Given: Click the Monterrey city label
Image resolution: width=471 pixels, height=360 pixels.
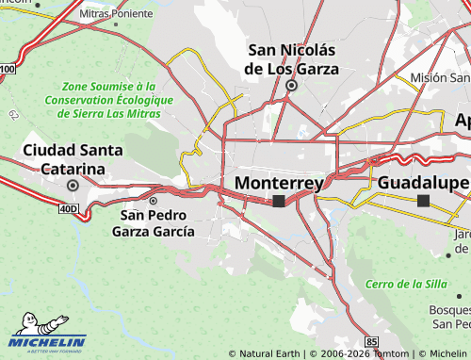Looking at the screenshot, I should tap(278, 183).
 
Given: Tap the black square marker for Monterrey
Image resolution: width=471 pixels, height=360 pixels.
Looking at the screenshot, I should tap(279, 201).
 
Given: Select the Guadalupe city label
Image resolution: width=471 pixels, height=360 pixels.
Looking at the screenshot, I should tap(423, 183).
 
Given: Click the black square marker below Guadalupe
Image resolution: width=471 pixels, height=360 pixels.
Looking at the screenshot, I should tap(424, 201).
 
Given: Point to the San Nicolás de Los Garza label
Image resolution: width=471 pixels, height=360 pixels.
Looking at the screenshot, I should tap(291, 58).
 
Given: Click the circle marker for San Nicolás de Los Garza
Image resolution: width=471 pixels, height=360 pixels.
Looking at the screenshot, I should tap(291, 85).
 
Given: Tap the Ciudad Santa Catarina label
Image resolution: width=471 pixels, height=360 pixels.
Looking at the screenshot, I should tap(63, 159).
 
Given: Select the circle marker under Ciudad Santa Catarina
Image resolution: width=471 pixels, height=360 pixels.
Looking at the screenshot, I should tap(72, 186).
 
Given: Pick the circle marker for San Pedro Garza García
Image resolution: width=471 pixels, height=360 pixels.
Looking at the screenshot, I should tap(153, 201).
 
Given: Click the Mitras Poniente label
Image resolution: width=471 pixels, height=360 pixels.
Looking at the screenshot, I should tap(116, 15).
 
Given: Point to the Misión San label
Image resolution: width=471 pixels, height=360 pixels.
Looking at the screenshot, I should tap(440, 77).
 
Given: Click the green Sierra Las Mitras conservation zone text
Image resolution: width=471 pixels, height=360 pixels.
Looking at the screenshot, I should tap(108, 99).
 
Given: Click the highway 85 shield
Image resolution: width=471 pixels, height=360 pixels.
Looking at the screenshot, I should tap(372, 339).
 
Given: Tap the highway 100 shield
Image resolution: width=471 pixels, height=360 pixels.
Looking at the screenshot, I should tap(8, 69).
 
